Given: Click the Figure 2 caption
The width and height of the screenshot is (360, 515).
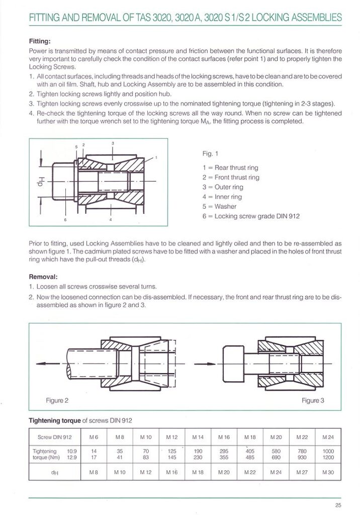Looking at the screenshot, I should (57, 400).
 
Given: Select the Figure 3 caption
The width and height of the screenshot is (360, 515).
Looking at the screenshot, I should (313, 400).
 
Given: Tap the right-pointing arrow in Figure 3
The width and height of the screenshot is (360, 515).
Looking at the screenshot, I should (205, 363).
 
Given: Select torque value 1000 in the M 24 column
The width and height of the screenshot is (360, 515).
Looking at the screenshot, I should (328, 452).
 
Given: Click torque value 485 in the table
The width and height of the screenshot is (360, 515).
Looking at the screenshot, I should (250, 458).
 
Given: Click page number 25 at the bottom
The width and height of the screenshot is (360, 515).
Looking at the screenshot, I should (338, 505).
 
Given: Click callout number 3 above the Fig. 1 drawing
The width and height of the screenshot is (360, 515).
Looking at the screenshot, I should (113, 143).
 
